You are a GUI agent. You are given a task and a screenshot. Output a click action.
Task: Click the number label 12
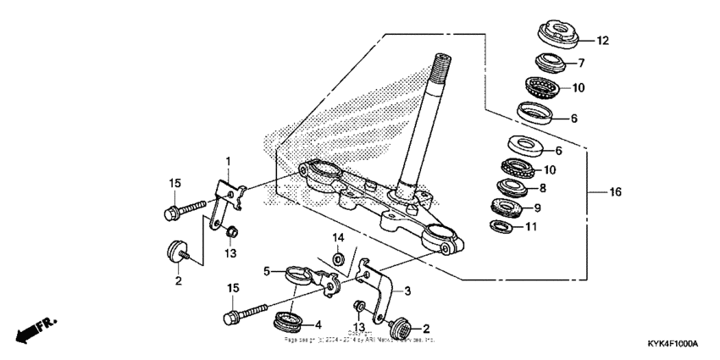point(602,41)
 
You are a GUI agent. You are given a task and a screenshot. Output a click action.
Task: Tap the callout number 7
point(581,64)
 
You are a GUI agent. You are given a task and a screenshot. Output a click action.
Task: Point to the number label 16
point(615,192)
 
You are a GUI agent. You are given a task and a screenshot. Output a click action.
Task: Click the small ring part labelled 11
point(501,225)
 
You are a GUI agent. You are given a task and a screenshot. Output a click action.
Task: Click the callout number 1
point(227,161)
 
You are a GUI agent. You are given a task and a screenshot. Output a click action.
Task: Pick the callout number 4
point(318,324)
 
